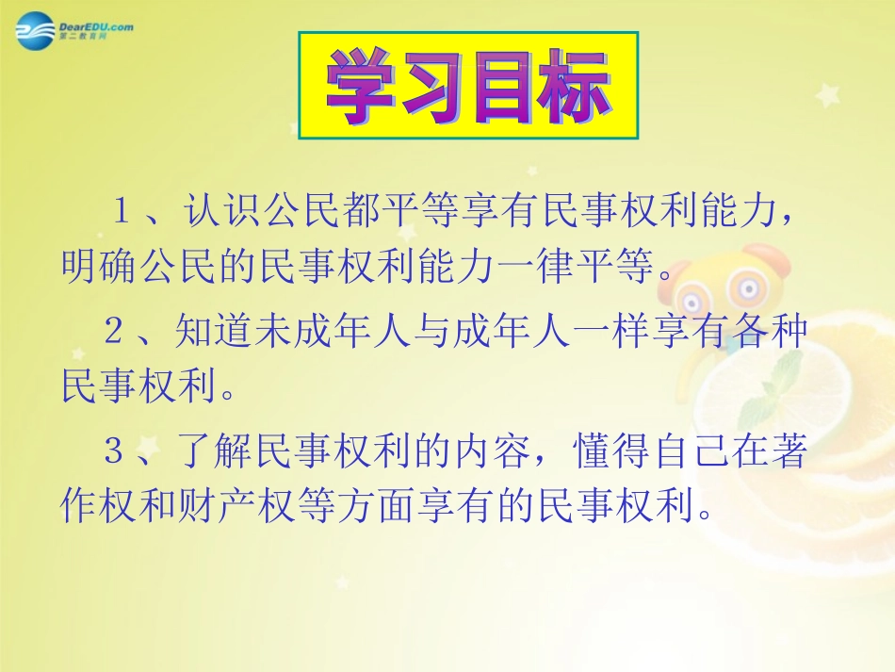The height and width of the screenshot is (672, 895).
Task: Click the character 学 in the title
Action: point(360,89)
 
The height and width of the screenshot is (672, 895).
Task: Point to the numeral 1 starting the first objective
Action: point(122,210)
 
